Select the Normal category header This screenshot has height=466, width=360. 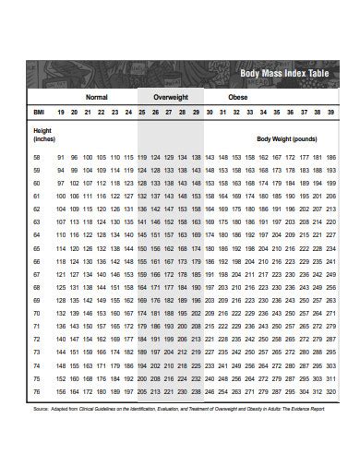coord(97,96)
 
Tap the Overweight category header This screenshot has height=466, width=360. coord(170,96)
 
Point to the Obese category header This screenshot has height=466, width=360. coord(237,96)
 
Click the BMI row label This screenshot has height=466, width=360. coord(39,112)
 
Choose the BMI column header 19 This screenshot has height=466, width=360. coord(61,112)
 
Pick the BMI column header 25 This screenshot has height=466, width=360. coord(142,112)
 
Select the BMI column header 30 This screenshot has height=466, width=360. coord(210,112)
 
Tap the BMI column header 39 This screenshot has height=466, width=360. coord(330,112)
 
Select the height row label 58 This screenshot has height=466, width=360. coord(37,158)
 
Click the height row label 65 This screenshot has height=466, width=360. coord(37,248)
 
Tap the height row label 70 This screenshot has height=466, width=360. coord(37,313)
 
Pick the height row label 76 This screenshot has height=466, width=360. coord(37,390)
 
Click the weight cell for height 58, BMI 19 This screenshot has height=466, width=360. coord(61,158)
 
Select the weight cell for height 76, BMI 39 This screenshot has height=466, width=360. coord(330,390)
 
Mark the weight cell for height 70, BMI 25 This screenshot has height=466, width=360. coord(142,313)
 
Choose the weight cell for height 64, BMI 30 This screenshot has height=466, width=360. coord(210,235)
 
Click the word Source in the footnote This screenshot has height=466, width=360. coord(41,407)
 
